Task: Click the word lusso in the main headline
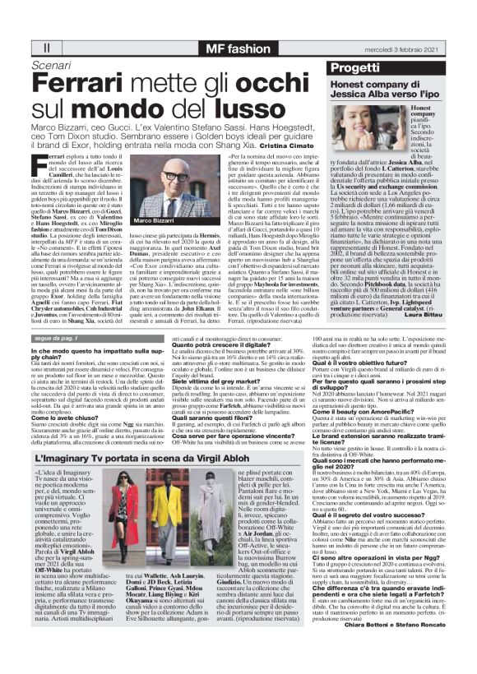point(225,108)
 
